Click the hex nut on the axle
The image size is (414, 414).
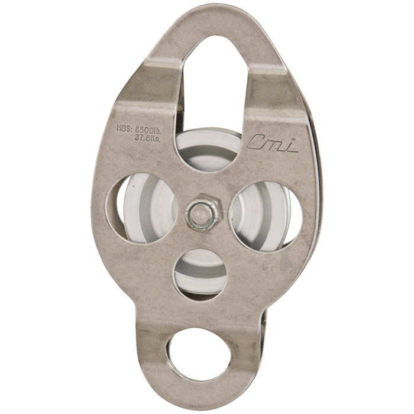tap(204, 214)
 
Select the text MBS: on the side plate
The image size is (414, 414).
tap(124, 128)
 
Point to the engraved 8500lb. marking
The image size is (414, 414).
tap(148, 130)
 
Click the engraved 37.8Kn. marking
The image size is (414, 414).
tap(148, 138)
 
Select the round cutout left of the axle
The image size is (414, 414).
tap(141, 208)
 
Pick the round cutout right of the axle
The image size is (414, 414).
tap(267, 216)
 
